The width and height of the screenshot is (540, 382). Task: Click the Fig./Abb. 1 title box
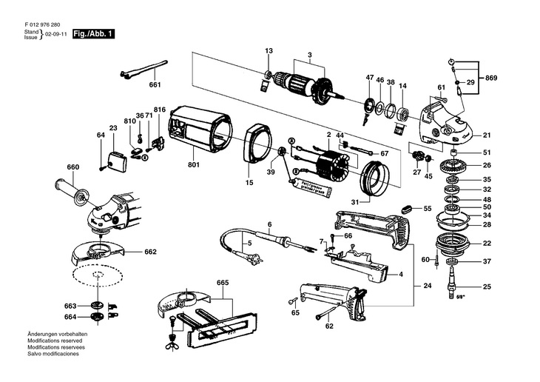coord(93,34)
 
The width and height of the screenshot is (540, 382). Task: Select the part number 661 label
coord(155,85)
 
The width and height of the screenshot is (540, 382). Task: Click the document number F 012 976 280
coord(44,24)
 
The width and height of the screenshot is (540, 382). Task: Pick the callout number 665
coord(223,283)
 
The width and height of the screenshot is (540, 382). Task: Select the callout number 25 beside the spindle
coord(486,286)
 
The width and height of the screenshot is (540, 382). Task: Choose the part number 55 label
coord(427,210)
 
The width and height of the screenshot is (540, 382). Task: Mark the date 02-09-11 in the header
coord(56,35)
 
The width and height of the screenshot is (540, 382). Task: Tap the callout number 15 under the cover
coord(249,182)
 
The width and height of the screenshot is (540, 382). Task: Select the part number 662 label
coord(150,252)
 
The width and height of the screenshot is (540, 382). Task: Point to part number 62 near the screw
coord(329,326)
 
